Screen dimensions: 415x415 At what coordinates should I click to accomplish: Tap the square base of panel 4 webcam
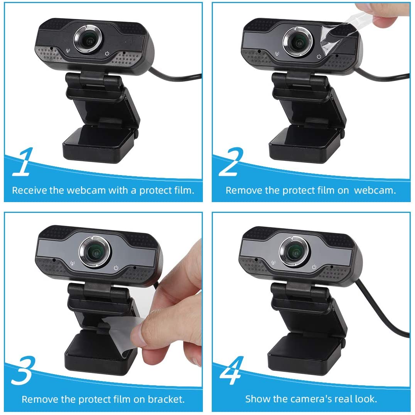coord(305,355)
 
